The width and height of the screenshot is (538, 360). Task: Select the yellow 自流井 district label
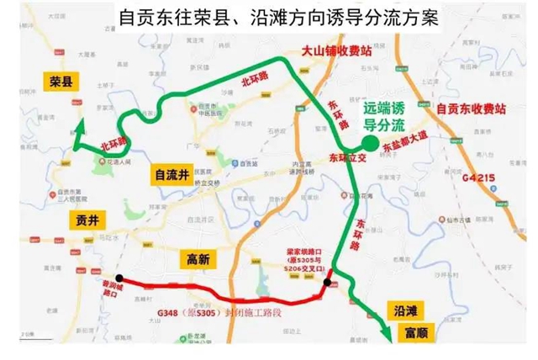pyautogui.click(x=170, y=174)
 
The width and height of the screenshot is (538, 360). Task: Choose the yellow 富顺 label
pyautogui.click(x=405, y=330)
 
